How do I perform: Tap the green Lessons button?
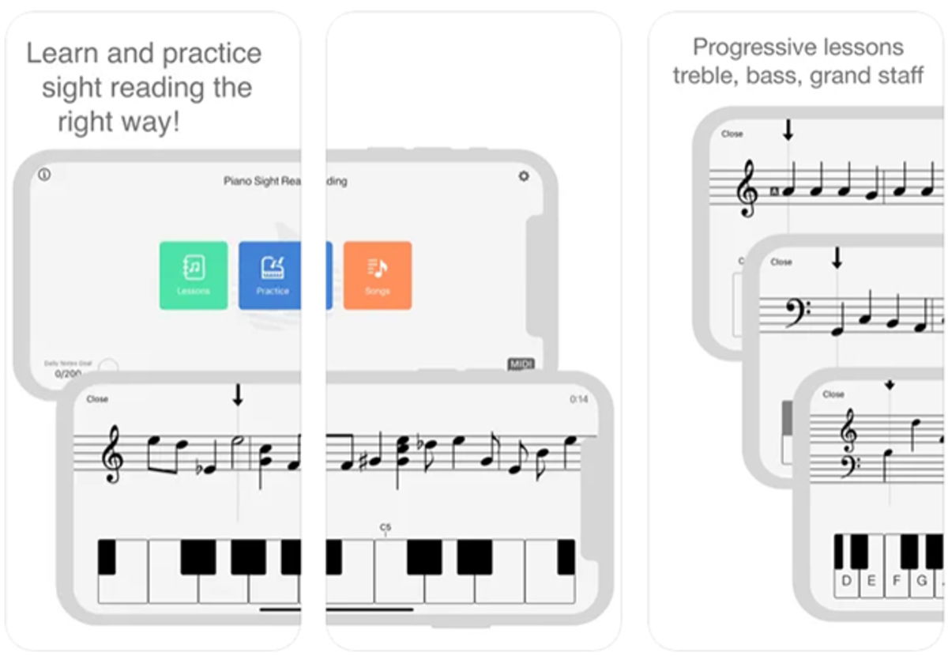(194, 274)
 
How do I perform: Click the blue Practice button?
(273, 274)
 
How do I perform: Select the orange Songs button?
(377, 274)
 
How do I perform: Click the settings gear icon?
(523, 176)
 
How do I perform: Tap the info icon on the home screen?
(44, 175)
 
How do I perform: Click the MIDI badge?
(521, 364)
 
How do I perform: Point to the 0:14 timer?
(578, 399)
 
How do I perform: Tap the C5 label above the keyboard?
(385, 526)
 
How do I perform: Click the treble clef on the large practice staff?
(112, 454)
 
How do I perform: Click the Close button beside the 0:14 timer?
(97, 399)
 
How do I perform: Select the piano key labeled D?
(847, 581)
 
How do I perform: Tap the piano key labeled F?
(897, 581)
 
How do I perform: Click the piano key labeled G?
(921, 581)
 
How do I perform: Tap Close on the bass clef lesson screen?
(781, 262)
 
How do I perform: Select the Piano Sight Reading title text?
(284, 181)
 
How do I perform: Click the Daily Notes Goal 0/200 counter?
(68, 372)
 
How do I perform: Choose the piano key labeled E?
(871, 581)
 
